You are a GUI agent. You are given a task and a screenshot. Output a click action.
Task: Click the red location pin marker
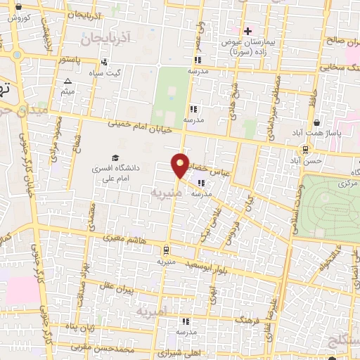pos(181,165)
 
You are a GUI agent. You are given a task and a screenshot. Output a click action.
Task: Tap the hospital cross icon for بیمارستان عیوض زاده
pos(247,30)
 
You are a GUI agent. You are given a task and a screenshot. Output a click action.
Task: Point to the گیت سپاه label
pos(127,72)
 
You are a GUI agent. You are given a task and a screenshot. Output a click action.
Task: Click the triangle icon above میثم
pos(67,81)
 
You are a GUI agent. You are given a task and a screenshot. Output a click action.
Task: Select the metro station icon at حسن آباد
pos(305,149)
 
